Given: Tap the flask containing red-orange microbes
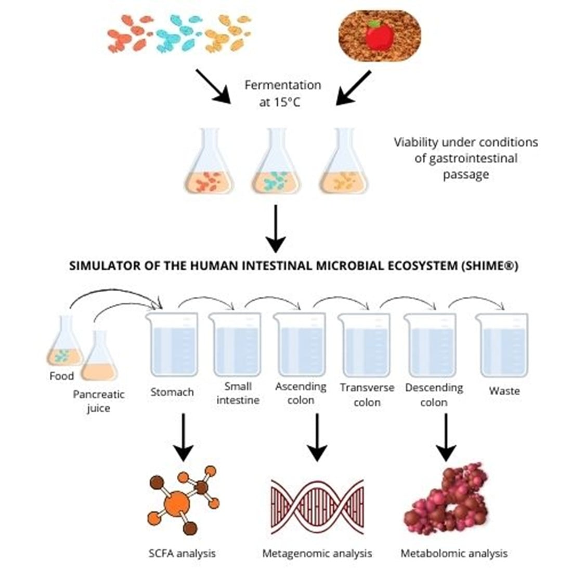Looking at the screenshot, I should click(210, 166).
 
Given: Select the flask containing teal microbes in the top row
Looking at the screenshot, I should click(276, 166).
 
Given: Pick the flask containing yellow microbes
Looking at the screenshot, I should click(343, 166).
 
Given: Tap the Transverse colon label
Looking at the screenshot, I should click(367, 395).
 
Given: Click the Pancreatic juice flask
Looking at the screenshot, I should click(99, 359).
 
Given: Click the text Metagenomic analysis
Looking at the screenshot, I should click(317, 553).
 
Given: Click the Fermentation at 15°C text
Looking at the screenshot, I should click(282, 93).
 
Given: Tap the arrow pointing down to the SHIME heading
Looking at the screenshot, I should click(276, 229).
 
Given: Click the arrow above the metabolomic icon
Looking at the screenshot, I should click(446, 437).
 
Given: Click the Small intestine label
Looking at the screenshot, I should click(238, 393).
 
